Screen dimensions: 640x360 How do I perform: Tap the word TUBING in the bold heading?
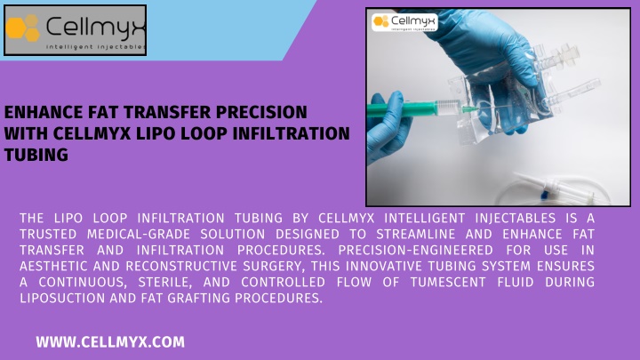tap(36, 155)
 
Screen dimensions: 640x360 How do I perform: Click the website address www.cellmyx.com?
tap(110, 342)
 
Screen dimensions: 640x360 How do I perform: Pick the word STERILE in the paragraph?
tap(165, 282)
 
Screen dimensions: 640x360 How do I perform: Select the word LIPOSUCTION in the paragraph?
tap(62, 298)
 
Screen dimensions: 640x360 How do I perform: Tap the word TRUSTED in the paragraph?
tap(48, 235)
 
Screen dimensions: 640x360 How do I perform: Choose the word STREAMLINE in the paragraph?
tap(415, 235)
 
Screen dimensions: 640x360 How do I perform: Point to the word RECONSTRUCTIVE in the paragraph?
tap(181, 266)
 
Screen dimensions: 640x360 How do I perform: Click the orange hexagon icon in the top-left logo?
tap(22, 28)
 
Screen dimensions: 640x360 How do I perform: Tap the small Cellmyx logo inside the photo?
tap(404, 22)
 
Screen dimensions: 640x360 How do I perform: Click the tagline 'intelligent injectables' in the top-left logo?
tap(95, 47)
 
